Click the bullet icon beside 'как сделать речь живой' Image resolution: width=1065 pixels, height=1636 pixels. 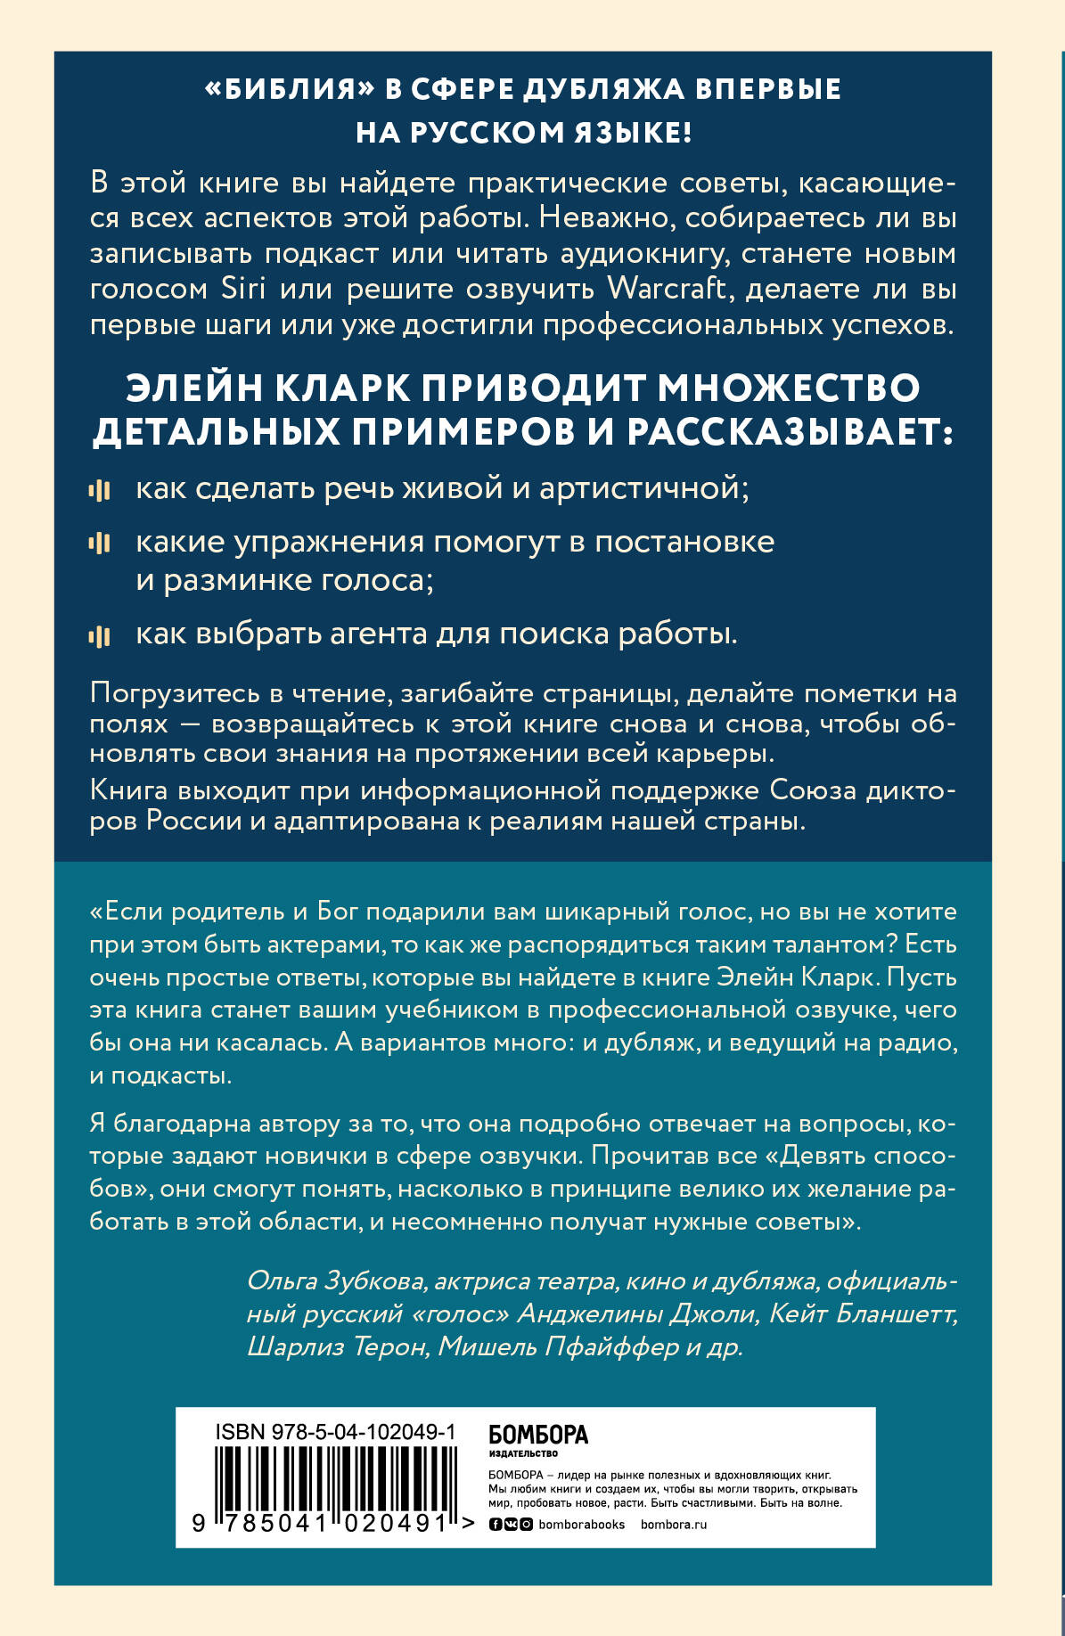[x=99, y=489]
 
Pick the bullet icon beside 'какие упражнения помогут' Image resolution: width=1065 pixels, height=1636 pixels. [x=99, y=543]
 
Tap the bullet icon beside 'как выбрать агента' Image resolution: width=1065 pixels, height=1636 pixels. [x=99, y=635]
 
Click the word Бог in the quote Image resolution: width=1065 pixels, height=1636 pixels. [x=337, y=912]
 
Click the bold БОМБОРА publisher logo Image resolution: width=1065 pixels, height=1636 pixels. [x=538, y=1435]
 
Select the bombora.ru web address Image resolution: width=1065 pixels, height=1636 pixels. [x=673, y=1524]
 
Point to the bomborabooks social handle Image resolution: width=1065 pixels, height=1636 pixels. [x=581, y=1524]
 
